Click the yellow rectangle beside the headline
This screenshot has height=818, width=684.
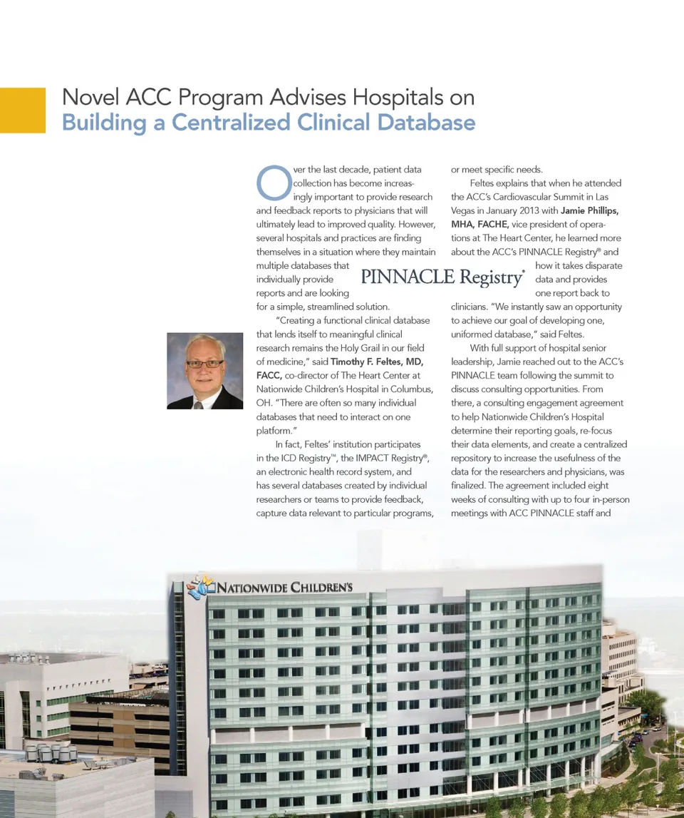(22, 110)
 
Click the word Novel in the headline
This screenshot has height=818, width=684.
(90, 98)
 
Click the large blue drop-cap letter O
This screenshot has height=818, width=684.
(271, 183)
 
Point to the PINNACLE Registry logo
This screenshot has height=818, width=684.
(442, 277)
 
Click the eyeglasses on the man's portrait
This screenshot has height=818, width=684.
(204, 364)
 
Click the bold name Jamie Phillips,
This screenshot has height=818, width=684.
(589, 210)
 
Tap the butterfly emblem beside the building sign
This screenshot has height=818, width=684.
(200, 587)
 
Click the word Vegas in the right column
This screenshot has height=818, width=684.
(465, 210)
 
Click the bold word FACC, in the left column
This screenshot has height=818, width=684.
(269, 375)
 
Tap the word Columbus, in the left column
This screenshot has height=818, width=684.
(413, 389)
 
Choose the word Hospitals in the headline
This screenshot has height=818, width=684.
(403, 98)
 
